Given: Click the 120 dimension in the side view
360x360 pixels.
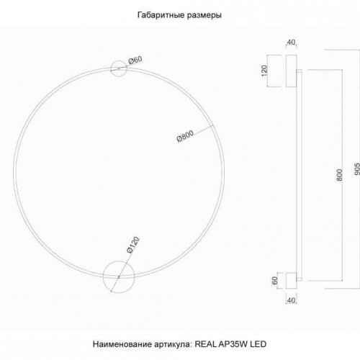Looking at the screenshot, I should [x=264, y=70].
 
